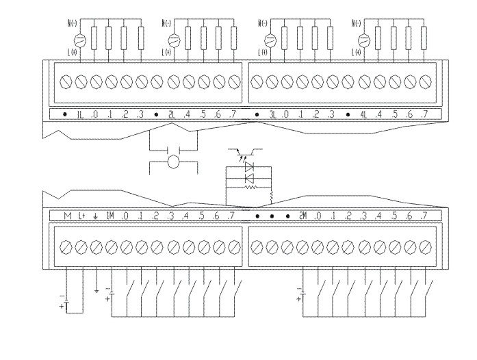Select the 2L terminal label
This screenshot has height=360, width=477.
click(x=172, y=114)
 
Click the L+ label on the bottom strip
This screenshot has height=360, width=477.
click(x=82, y=216)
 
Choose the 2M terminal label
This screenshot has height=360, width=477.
click(x=303, y=216)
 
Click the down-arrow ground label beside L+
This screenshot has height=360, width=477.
click(x=96, y=216)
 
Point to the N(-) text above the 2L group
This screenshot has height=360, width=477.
click(x=166, y=23)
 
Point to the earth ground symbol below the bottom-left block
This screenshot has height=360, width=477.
click(x=96, y=290)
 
